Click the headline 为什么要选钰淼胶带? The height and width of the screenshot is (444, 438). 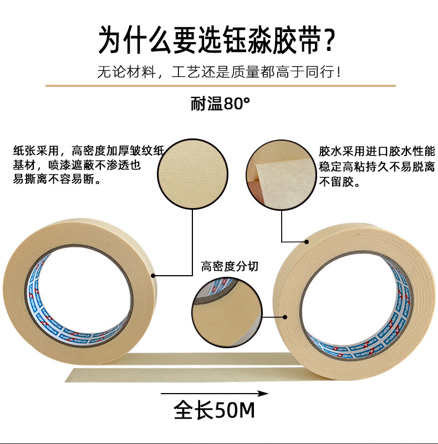[218, 40]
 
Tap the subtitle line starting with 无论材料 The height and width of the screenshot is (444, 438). [219, 72]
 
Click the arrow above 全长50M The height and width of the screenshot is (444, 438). [214, 394]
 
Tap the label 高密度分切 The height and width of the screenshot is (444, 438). [230, 267]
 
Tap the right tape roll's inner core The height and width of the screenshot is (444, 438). [355, 302]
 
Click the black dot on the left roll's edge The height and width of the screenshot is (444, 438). [154, 275]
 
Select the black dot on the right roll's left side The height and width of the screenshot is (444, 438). [286, 317]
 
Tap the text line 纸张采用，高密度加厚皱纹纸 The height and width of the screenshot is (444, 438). [89, 150]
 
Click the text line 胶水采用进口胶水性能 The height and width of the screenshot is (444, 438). [378, 151]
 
